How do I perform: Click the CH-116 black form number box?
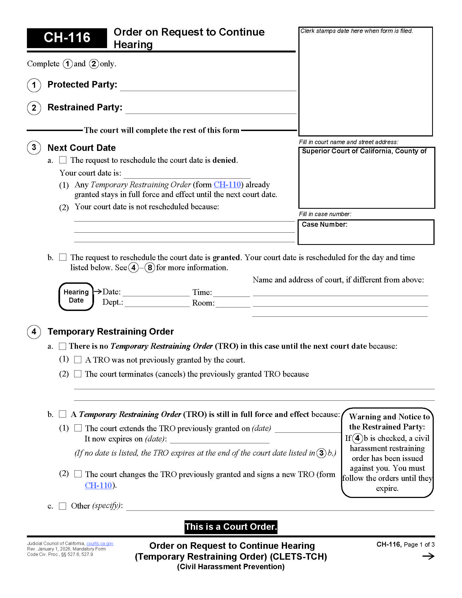[67, 38]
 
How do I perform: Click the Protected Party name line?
[208, 87]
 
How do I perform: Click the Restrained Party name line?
[211, 110]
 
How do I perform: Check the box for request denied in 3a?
[63, 160]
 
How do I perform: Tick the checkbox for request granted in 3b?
[63, 257]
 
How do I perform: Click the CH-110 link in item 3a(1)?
[227, 185]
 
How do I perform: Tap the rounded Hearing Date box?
[76, 297]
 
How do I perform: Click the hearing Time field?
[231, 293]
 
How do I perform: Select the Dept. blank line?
[157, 303]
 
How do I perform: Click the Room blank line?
[233, 304]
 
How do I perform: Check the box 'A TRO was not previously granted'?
[78, 360]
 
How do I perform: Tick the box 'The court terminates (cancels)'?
[78, 374]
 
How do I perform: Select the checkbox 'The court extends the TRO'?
[78, 428]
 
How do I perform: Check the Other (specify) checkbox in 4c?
[63, 506]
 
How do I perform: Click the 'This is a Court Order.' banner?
[231, 527]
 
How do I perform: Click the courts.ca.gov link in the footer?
[100, 544]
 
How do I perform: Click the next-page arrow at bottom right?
[428, 556]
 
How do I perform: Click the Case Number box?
[366, 232]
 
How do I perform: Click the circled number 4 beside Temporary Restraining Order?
[34, 332]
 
